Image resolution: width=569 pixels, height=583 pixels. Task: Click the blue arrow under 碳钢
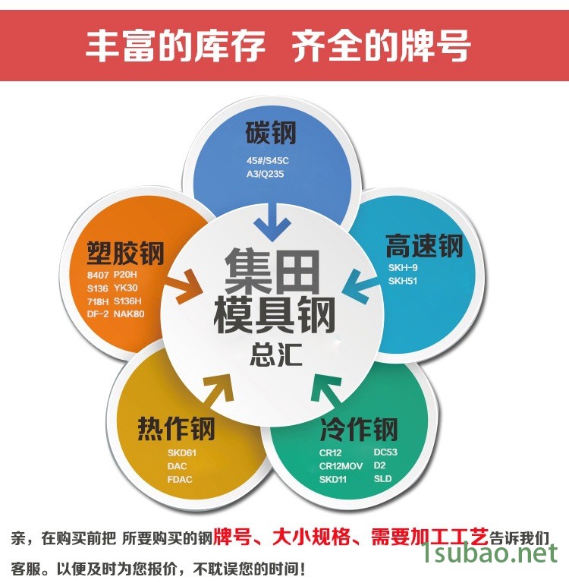[272, 222]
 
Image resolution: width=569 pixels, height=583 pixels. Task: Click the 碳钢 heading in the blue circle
[271, 132]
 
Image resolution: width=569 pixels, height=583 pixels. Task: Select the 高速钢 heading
[424, 246]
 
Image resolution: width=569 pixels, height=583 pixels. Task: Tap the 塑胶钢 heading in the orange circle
[126, 254]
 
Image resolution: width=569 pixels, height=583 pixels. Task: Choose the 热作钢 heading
[176, 428]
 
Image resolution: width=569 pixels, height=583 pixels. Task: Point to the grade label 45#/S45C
[268, 161]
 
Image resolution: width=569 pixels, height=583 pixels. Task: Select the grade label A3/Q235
[265, 174]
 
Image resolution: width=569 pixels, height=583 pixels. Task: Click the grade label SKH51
[403, 281]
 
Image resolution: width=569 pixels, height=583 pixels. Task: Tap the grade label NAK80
[128, 314]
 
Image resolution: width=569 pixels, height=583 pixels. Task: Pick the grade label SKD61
[182, 453]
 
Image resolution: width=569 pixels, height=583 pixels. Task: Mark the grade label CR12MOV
[341, 466]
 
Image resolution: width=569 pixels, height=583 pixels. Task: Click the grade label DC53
[385, 452]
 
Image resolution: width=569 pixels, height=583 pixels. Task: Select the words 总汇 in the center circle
[275, 355]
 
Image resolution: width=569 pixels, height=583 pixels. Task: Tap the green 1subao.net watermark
[490, 553]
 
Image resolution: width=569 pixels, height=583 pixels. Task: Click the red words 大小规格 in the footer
[311, 537]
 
